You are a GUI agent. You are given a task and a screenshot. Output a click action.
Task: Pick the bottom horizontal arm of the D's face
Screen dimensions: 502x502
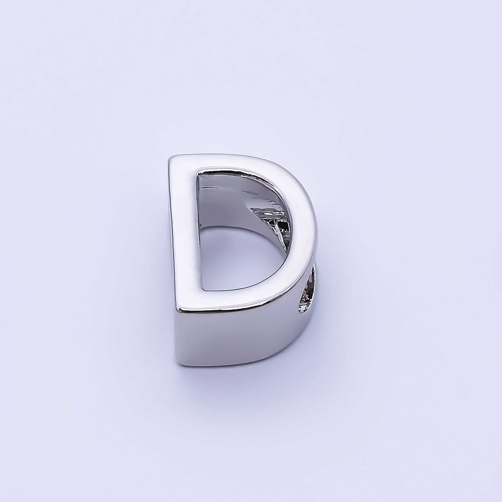234,299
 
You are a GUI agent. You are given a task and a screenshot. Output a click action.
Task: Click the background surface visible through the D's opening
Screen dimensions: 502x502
234,260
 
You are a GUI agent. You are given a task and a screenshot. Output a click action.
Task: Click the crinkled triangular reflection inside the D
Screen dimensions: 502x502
270,216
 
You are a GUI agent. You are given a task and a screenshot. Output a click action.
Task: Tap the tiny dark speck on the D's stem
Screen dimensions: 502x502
189,237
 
